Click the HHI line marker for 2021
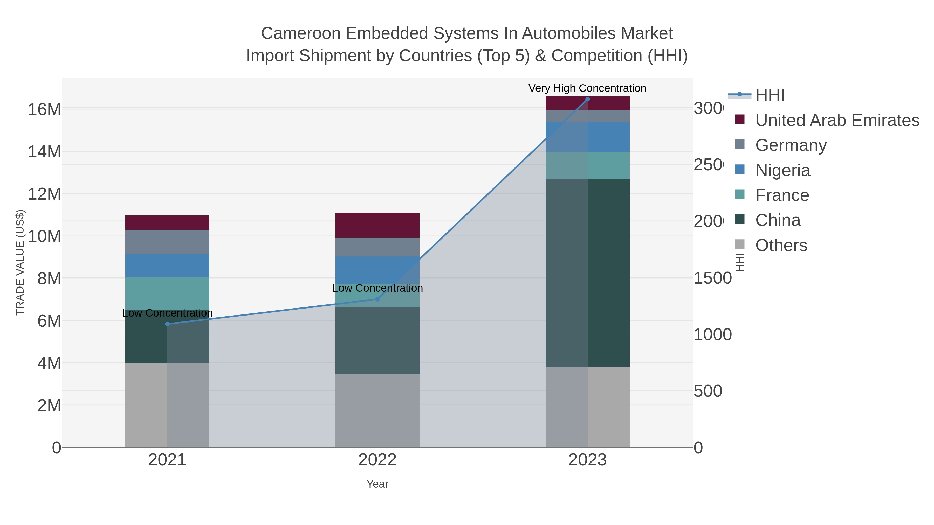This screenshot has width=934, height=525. coord(167,324)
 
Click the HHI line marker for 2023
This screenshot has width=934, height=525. coord(587,99)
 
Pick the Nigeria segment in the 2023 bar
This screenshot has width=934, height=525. coord(587,137)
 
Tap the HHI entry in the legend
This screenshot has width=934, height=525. coord(770,95)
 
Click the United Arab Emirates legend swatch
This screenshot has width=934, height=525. coord(740,119)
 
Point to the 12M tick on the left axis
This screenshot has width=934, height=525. coord(44,194)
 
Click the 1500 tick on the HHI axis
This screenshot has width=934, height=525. coord(712,278)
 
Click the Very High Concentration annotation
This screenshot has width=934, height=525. coord(587,88)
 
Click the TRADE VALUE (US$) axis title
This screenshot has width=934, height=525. coord(20,262)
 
